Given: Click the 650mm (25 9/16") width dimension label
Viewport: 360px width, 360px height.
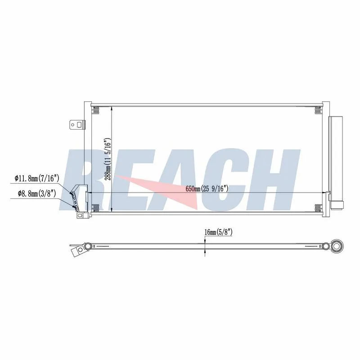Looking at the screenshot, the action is pyautogui.click(x=207, y=189).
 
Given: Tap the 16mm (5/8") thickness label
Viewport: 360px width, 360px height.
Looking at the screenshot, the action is pyautogui.click(x=218, y=232).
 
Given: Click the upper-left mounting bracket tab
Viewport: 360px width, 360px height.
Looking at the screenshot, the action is pyautogui.click(x=77, y=125).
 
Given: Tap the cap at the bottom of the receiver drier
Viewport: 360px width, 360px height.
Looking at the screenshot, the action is pyautogui.click(x=337, y=205).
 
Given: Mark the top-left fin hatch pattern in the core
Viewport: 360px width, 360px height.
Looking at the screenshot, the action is pyautogui.click(x=96, y=110).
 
